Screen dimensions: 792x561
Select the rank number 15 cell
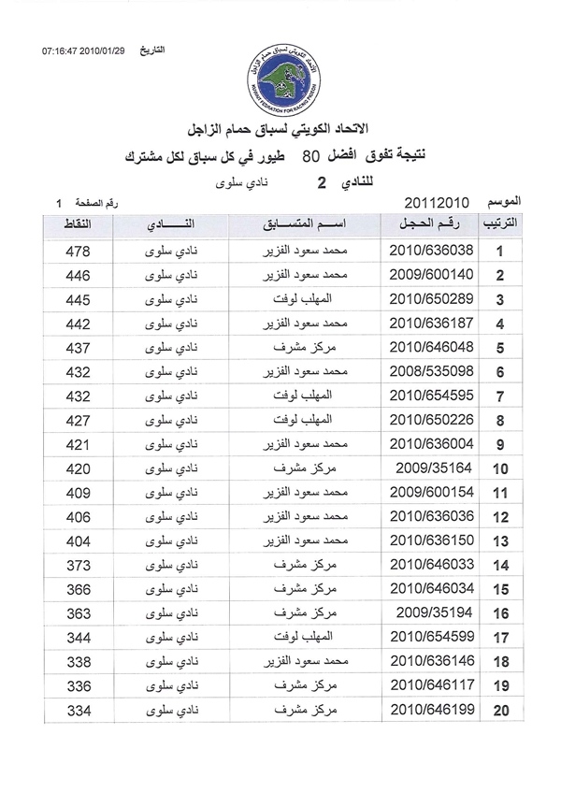pyautogui.click(x=500, y=591)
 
